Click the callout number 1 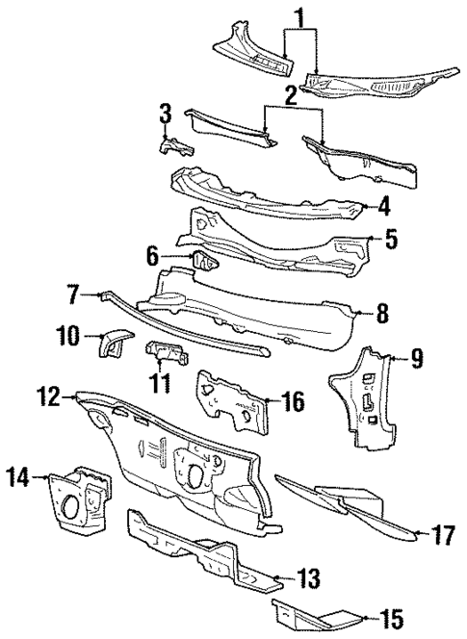[300, 16]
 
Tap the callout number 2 [290, 94]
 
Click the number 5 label [390, 238]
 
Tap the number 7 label [73, 292]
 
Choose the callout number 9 [416, 359]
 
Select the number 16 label [295, 397]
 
